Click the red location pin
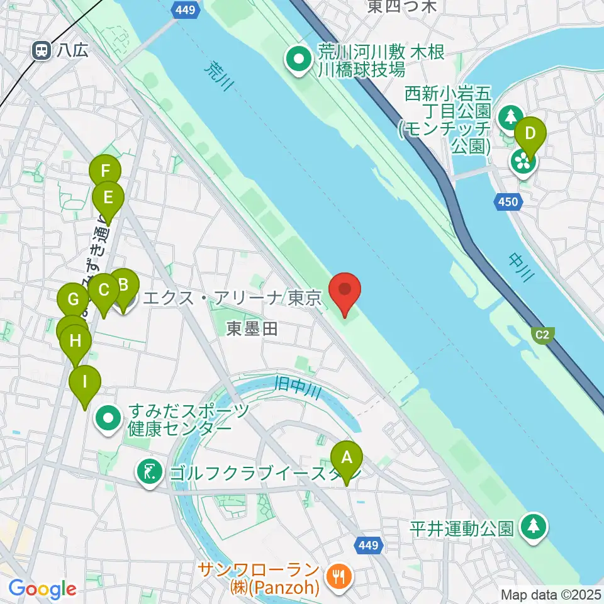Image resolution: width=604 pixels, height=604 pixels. [345, 291]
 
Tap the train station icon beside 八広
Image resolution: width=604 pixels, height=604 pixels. [43, 50]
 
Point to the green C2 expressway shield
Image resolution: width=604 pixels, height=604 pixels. [542, 335]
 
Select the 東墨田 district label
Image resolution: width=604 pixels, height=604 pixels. [252, 328]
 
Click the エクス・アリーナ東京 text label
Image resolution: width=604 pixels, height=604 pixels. [233, 298]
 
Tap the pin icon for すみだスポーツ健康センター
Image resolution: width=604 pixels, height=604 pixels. [109, 418]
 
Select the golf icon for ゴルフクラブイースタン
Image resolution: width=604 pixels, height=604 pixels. [150, 471]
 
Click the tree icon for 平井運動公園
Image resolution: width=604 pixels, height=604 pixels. [534, 527]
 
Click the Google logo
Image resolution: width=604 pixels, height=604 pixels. [43, 589]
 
